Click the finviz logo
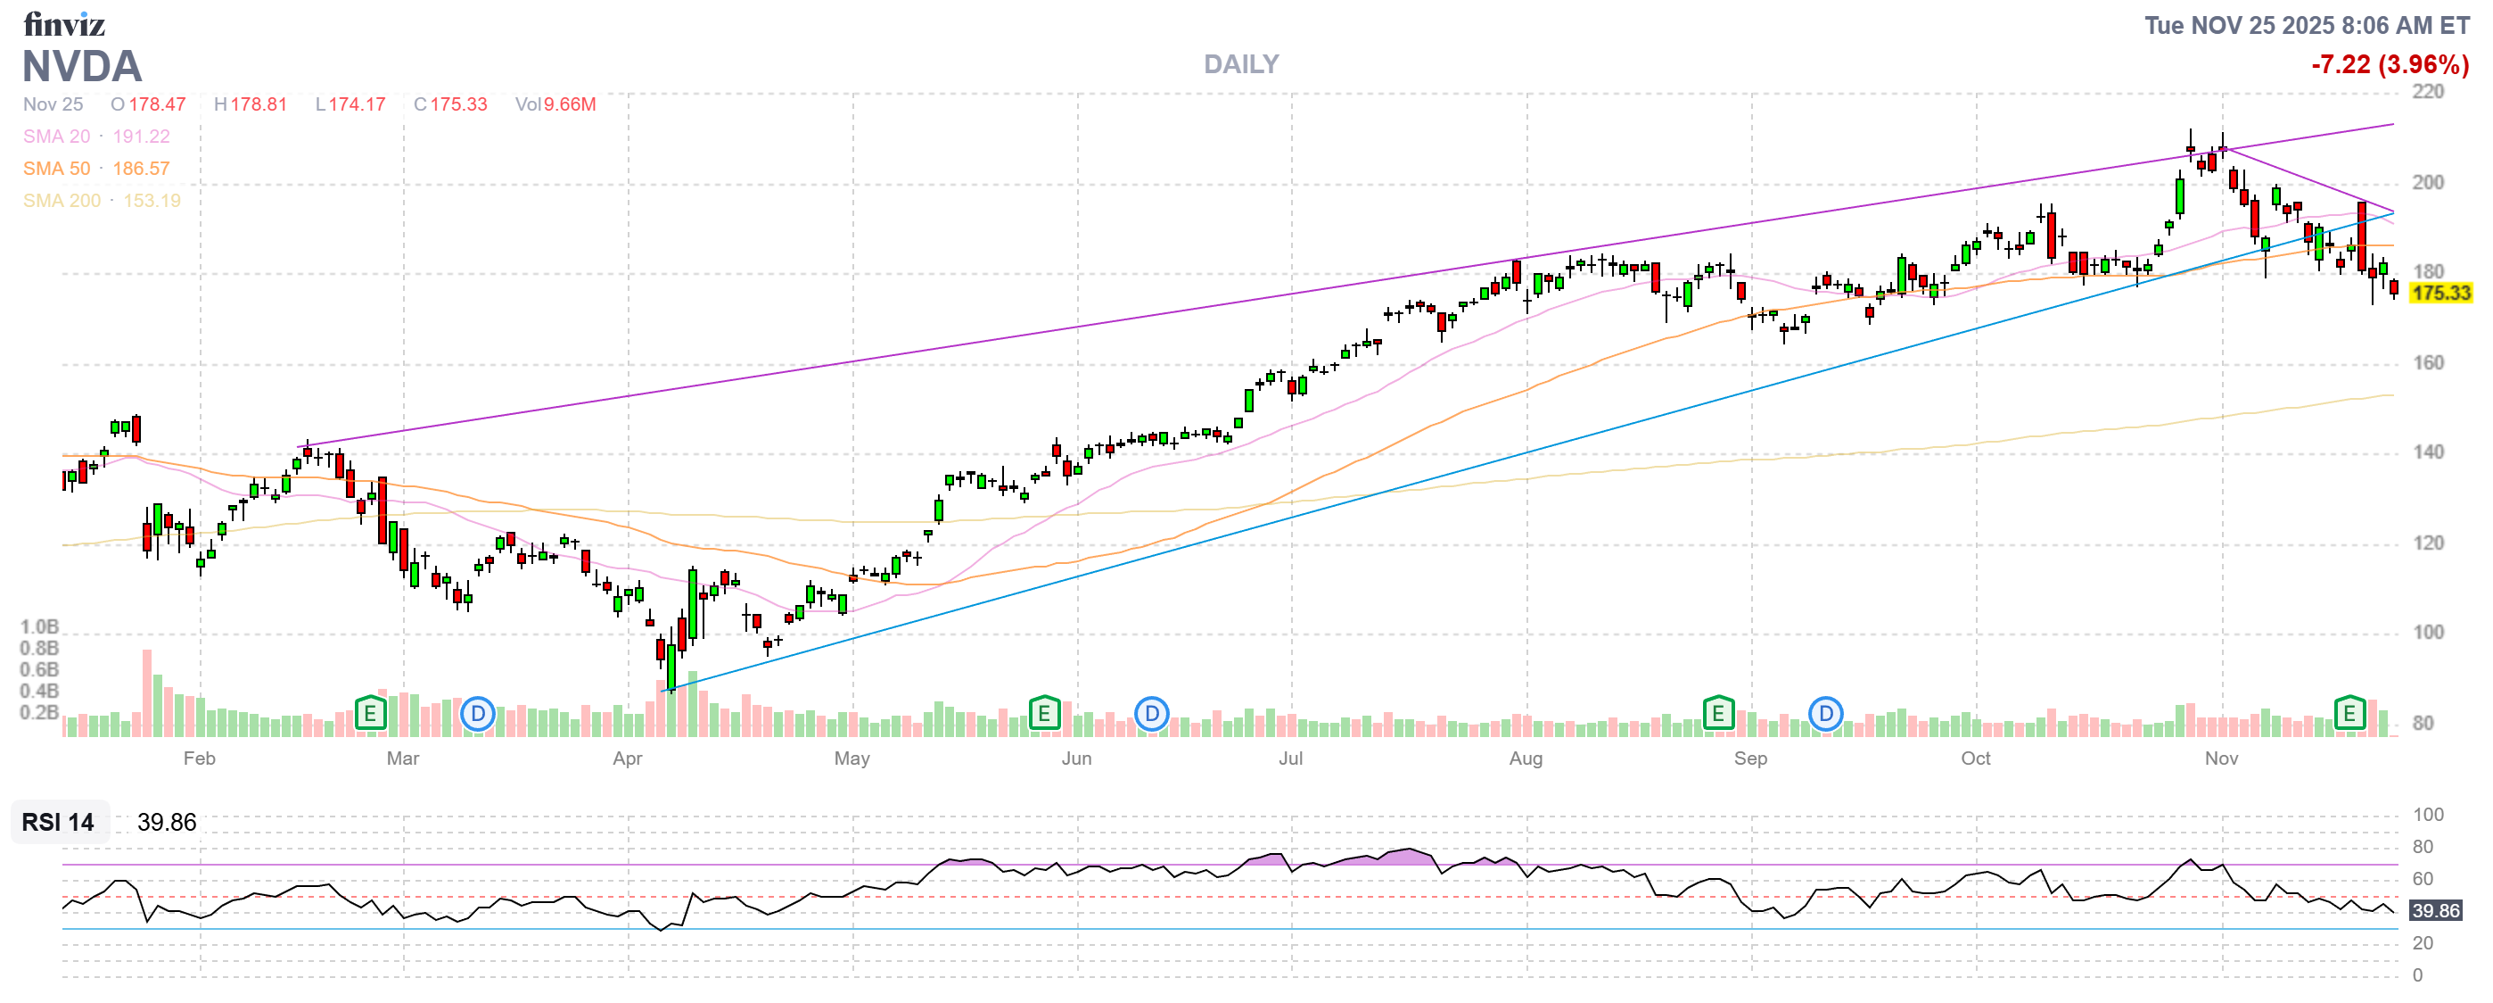[64, 23]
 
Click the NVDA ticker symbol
[82, 67]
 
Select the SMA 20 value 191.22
[141, 137]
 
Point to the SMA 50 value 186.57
[141, 169]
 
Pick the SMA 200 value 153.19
[152, 201]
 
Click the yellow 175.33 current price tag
[2440, 293]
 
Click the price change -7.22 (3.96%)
[2390, 65]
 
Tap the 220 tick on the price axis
[2427, 92]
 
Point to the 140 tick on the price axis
[2427, 452]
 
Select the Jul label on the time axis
[1290, 758]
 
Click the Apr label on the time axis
[627, 758]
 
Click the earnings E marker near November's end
[2349, 714]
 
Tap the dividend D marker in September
[1825, 715]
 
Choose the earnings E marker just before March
[370, 714]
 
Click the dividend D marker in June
[1151, 715]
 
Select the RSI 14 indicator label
[58, 822]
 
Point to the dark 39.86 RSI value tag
[2435, 910]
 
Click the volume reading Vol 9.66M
[555, 104]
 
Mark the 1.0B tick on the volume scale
[40, 627]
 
